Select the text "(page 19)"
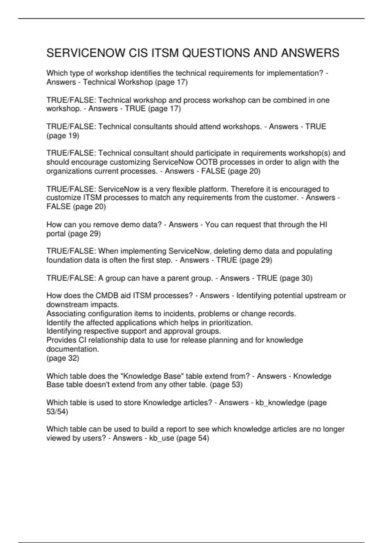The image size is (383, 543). pyautogui.click(x=63, y=136)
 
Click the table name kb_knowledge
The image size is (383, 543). pyautogui.click(x=280, y=403)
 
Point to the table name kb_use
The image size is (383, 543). pyautogui.click(x=161, y=438)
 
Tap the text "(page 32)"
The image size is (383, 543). pyautogui.click(x=63, y=358)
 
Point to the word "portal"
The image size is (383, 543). pyautogui.click(x=56, y=234)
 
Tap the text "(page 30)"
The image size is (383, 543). pyautogui.click(x=296, y=278)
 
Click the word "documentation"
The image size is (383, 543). pyautogui.click(x=72, y=349)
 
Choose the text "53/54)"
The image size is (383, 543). pyautogui.click(x=57, y=412)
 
